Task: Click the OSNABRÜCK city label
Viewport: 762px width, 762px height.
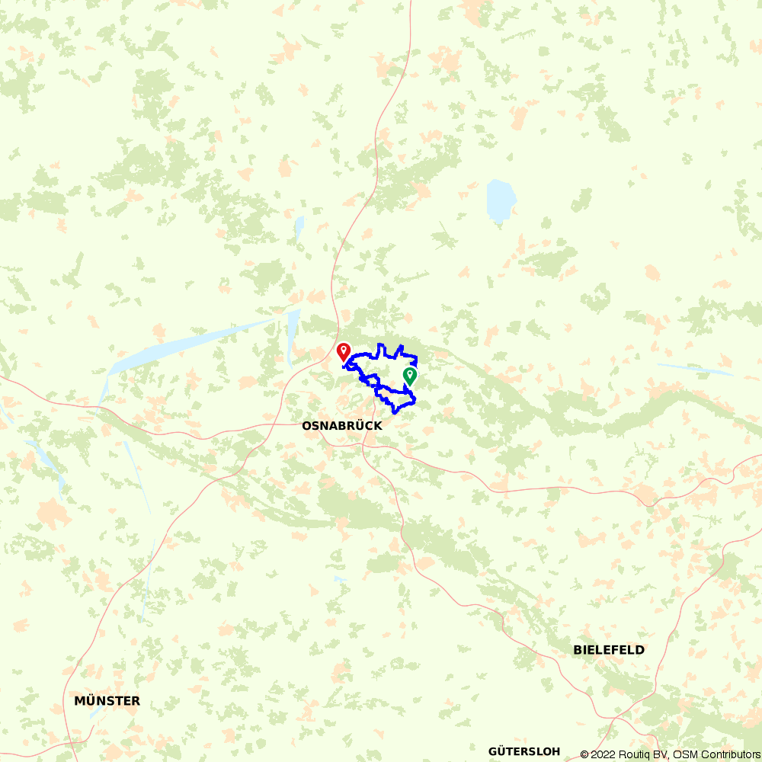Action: (x=342, y=427)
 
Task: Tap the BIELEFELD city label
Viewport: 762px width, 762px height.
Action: (x=609, y=650)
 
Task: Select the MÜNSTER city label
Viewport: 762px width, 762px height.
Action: (x=107, y=701)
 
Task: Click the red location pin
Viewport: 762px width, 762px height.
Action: (x=343, y=352)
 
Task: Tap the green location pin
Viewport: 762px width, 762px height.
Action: (x=410, y=376)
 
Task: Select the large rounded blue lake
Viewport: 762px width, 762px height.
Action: (x=501, y=200)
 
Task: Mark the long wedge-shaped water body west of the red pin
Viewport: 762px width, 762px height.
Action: (x=190, y=343)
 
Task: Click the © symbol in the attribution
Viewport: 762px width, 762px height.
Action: (x=584, y=754)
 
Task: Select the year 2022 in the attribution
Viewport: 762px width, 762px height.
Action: (x=603, y=754)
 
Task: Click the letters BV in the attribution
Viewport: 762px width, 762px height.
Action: (x=658, y=754)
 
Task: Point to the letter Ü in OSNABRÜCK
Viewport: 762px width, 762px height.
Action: (x=358, y=427)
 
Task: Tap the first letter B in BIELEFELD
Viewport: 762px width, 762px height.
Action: (x=578, y=650)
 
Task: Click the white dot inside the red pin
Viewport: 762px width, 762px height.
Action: (x=343, y=350)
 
